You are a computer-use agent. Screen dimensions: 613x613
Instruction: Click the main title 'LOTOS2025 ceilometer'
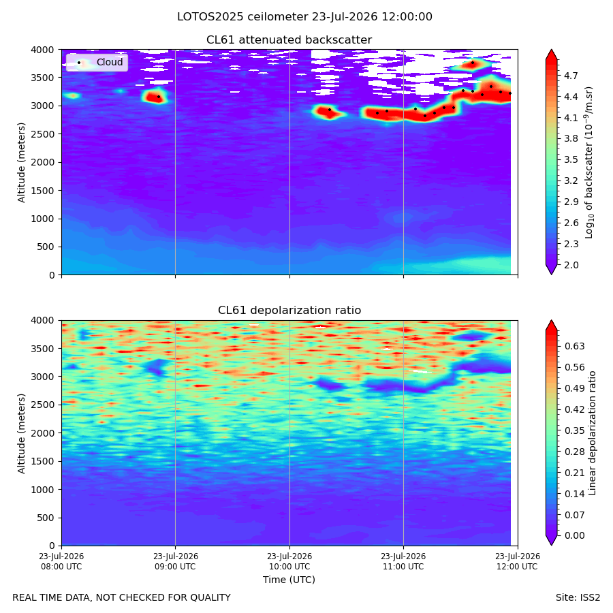click(x=242, y=17)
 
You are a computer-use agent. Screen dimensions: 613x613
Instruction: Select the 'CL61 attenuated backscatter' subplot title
click(x=289, y=40)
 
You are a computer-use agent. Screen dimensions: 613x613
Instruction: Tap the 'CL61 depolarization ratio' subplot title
click(x=289, y=311)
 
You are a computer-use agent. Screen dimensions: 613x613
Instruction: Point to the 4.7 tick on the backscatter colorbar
click(x=571, y=76)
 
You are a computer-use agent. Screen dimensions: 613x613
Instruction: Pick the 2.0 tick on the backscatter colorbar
click(x=571, y=265)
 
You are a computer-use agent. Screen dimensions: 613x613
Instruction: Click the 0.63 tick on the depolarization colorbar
click(x=575, y=346)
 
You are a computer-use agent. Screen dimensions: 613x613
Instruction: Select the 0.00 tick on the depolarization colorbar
click(x=575, y=535)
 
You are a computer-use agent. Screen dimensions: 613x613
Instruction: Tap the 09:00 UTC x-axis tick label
click(x=176, y=561)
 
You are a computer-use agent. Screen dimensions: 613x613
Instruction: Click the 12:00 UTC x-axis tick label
click(x=518, y=561)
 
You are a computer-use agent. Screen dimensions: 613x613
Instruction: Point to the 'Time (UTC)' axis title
click(x=289, y=580)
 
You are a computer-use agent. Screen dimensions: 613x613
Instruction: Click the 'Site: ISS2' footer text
click(x=578, y=597)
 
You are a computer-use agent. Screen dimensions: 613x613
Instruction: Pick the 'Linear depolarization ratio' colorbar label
click(x=592, y=433)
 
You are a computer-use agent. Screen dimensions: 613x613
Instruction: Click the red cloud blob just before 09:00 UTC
click(x=155, y=96)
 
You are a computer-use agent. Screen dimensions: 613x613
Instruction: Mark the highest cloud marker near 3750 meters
click(x=473, y=63)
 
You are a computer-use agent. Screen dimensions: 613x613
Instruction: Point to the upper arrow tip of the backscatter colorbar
click(x=551, y=50)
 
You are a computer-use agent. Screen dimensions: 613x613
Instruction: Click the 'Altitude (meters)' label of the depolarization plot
click(x=21, y=433)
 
